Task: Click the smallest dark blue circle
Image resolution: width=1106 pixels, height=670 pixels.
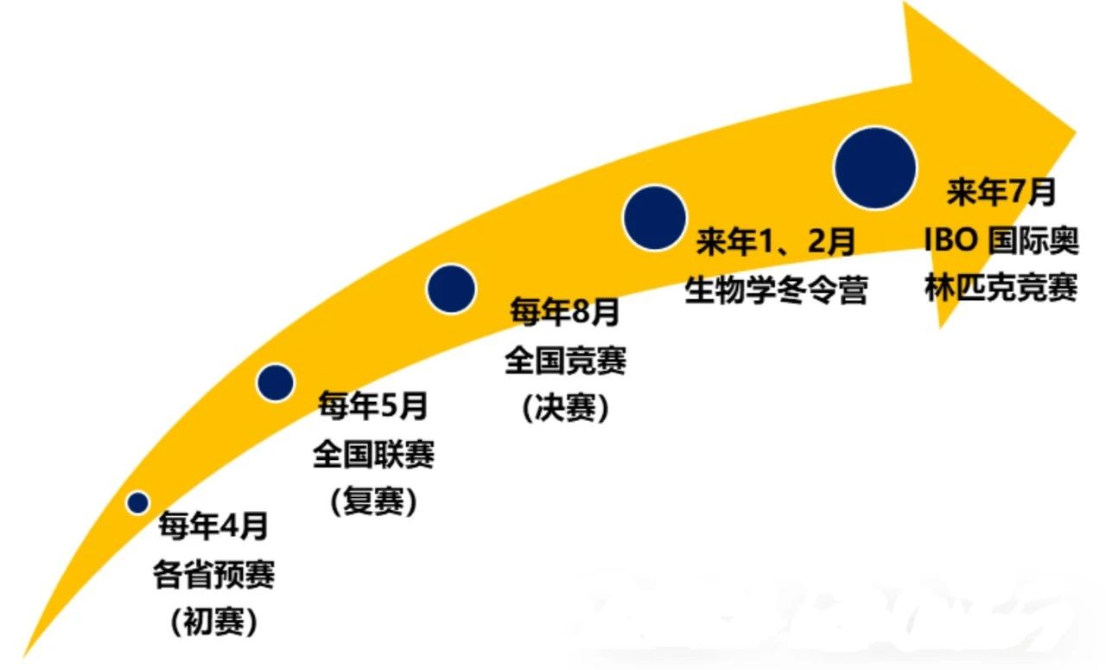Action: [x=137, y=502]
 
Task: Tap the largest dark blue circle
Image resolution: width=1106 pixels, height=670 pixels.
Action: [x=875, y=168]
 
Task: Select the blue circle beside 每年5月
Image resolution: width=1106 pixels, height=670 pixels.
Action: [x=275, y=382]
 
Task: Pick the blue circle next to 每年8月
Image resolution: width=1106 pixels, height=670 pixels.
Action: [x=451, y=289]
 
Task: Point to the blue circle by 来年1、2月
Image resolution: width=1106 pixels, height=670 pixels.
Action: [x=654, y=218]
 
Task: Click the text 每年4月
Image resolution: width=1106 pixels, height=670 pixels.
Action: [x=213, y=526]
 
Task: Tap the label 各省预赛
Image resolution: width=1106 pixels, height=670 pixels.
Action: [x=213, y=574]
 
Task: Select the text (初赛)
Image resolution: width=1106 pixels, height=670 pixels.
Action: [x=213, y=622]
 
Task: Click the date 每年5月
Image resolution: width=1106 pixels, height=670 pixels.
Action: [x=372, y=405]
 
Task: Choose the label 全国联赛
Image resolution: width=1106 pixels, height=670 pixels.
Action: [x=374, y=454]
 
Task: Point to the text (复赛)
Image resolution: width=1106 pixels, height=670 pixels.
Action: [x=374, y=501]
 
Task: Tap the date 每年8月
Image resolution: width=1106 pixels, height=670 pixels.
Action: [x=564, y=312]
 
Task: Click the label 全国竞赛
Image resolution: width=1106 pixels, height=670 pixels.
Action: [x=565, y=360]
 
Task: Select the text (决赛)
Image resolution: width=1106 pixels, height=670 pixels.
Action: [x=565, y=407]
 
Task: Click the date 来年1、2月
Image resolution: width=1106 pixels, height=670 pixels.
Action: [x=775, y=241]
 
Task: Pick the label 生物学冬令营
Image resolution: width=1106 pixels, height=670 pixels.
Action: [x=776, y=290]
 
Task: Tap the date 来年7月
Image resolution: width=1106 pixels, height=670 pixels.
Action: [x=1001, y=192]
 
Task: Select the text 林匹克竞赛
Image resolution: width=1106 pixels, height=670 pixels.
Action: [x=1001, y=288]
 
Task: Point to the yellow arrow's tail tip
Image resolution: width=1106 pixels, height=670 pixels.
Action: [x=23, y=658]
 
